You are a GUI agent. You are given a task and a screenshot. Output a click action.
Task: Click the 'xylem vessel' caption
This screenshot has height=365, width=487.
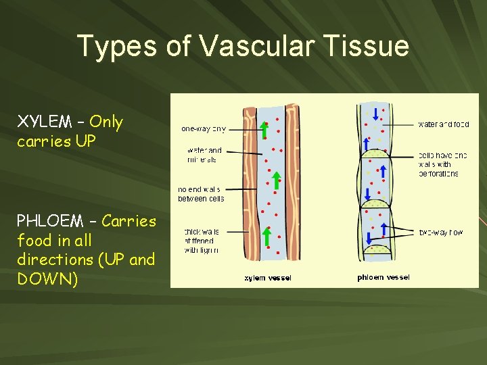268,277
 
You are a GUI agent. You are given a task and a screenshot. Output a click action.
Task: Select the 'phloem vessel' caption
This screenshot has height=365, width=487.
383,277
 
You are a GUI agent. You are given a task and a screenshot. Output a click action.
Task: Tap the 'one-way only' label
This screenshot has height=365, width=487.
203,128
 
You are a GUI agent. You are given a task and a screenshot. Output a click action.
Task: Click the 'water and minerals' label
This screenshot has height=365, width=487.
204,155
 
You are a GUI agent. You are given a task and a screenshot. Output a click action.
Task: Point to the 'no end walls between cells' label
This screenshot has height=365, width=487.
201,194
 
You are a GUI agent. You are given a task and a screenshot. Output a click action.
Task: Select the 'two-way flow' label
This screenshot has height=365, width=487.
440,232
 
